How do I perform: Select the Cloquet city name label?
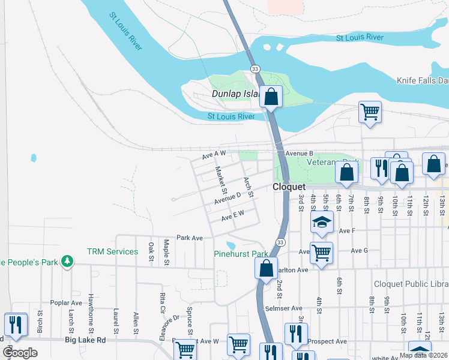click(x=289, y=187)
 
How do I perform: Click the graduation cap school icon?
click(x=322, y=222)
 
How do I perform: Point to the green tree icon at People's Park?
click(x=68, y=261)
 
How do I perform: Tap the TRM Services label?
click(x=112, y=251)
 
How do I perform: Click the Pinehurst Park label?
click(x=240, y=254)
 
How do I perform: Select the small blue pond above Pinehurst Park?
click(x=231, y=245)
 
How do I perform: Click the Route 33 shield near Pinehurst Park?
click(x=280, y=241)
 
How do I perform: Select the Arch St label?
click(x=248, y=187)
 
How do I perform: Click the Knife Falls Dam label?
click(x=423, y=80)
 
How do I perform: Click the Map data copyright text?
click(x=423, y=355)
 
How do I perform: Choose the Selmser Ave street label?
click(x=283, y=308)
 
